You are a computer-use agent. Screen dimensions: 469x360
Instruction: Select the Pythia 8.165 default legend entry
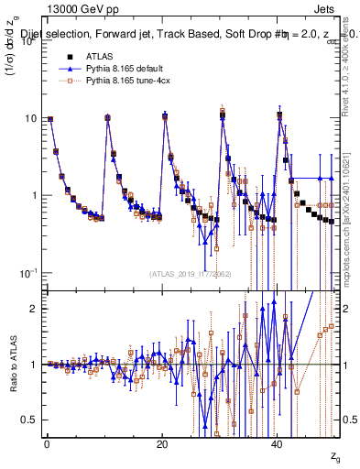click(x=125, y=69)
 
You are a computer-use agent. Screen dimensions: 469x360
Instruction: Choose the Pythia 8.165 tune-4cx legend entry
click(x=128, y=81)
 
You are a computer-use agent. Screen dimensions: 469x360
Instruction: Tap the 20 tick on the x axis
click(x=162, y=442)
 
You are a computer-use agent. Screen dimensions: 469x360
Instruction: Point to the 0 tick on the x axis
click(x=46, y=442)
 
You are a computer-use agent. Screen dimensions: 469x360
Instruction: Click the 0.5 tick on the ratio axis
click(x=27, y=420)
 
